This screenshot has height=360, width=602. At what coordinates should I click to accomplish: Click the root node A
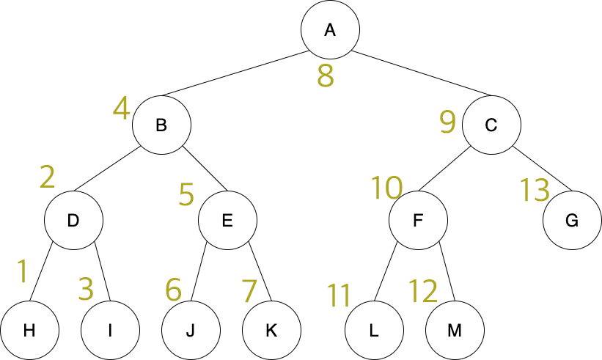pyautogui.click(x=330, y=29)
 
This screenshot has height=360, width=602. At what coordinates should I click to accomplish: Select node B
pyautogui.click(x=161, y=125)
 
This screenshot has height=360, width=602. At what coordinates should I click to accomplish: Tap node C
pyautogui.click(x=491, y=125)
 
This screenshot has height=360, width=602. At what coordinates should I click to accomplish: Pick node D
pyautogui.click(x=73, y=220)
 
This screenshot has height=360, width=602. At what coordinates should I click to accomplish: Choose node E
pyautogui.click(x=227, y=220)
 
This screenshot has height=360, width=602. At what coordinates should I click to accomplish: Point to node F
pyautogui.click(x=418, y=220)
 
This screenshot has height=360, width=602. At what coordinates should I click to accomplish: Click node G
pyautogui.click(x=572, y=220)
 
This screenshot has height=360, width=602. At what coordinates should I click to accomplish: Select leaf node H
pyautogui.click(x=29, y=330)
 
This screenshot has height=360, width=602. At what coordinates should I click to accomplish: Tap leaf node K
pyautogui.click(x=271, y=330)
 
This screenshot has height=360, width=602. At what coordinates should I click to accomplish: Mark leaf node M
pyautogui.click(x=455, y=330)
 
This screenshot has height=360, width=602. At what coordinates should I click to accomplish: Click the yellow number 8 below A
pyautogui.click(x=326, y=76)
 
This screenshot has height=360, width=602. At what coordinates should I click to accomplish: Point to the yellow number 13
pyautogui.click(x=535, y=191)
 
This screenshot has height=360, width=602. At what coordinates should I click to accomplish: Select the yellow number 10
pyautogui.click(x=386, y=188)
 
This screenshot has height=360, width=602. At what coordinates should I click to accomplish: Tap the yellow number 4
pyautogui.click(x=121, y=109)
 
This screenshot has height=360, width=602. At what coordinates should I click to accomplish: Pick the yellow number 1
pyautogui.click(x=23, y=272)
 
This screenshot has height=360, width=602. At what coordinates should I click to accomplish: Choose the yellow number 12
pyautogui.click(x=422, y=292)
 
